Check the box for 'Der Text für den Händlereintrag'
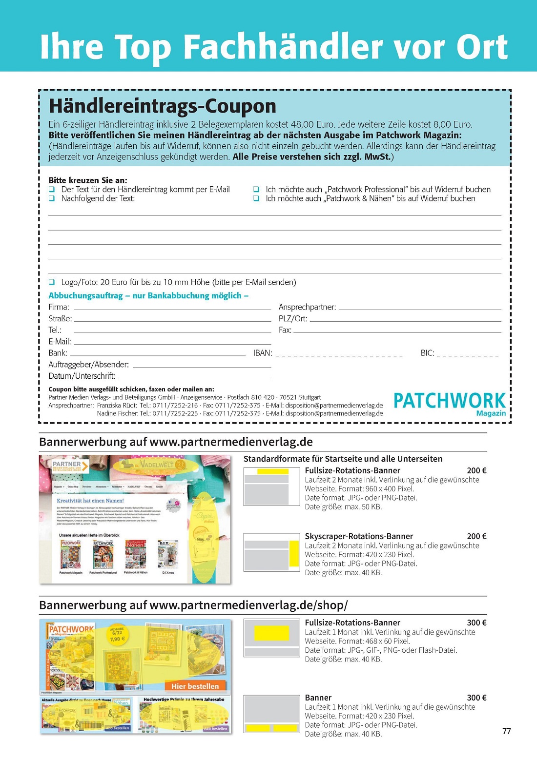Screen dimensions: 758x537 coord(51,189)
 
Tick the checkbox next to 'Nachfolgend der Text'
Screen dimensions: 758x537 coord(51,198)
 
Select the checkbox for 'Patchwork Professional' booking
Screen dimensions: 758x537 coord(256,189)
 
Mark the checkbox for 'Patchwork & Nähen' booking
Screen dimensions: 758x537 coord(256,198)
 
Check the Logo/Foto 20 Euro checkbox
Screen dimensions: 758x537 coord(51,282)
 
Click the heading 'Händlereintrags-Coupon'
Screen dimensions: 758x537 coord(163,106)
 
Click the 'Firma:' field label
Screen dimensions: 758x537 coord(59,307)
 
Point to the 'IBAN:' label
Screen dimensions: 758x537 coord(263,353)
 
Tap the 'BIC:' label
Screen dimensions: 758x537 coord(427,353)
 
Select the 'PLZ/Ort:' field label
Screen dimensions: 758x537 coord(293,319)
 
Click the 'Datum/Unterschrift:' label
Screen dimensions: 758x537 coord(82,376)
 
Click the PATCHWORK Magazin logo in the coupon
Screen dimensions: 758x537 coord(449,404)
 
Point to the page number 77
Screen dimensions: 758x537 coord(507,731)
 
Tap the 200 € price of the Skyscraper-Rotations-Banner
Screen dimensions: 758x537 coord(476,536)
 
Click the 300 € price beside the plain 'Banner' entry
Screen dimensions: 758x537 coord(476,698)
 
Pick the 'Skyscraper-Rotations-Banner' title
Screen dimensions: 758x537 coord(359,536)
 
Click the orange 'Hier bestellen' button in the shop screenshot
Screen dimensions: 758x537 coord(195,686)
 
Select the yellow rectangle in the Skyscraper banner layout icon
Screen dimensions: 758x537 coord(294,553)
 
